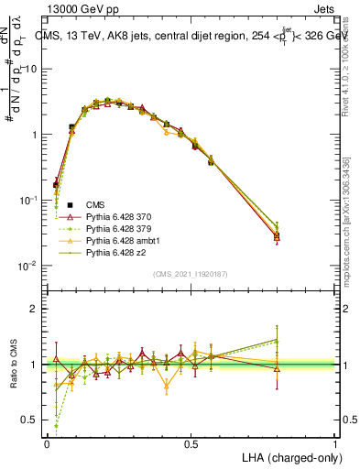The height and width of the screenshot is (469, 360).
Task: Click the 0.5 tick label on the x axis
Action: coord(191,444)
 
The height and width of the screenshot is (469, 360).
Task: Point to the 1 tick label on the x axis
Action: coord(335,444)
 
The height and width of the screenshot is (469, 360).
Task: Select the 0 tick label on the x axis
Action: coord(47,444)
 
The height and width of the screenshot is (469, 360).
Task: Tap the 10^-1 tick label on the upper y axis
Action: coord(28,200)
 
